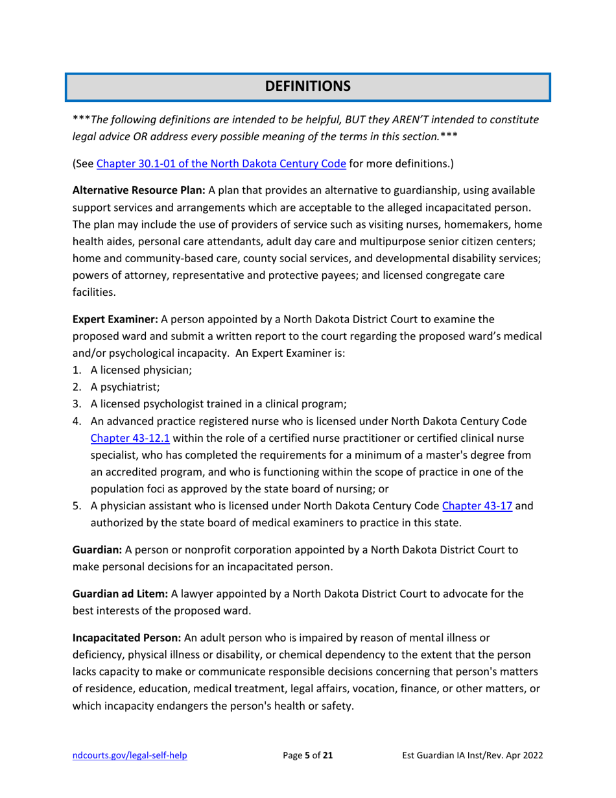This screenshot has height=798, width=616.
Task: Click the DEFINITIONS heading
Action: tap(308, 86)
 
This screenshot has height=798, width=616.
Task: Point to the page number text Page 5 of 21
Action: tap(308, 755)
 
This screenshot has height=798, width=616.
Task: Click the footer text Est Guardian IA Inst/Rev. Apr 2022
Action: tap(472, 755)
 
